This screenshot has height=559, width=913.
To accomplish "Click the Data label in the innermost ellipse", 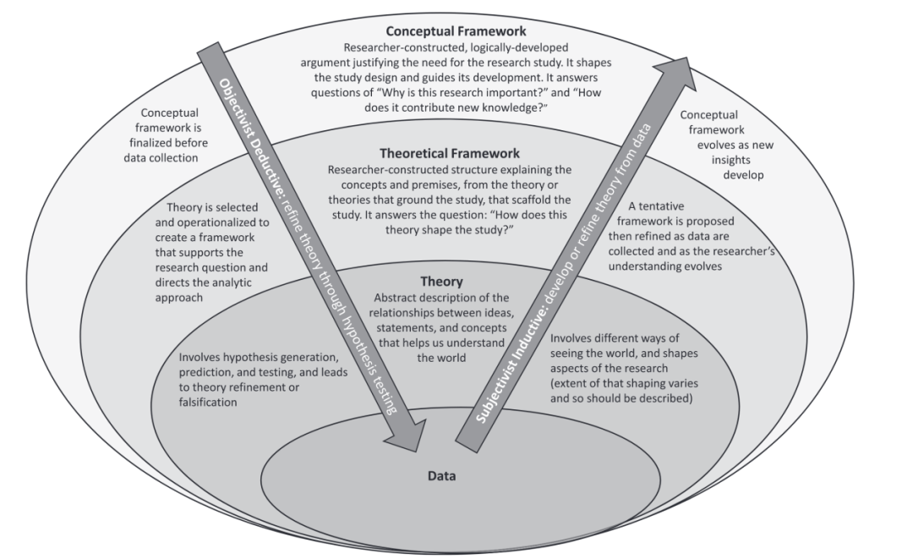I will (x=440, y=477).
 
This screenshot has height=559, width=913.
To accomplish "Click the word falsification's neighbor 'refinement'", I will (x=283, y=387).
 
